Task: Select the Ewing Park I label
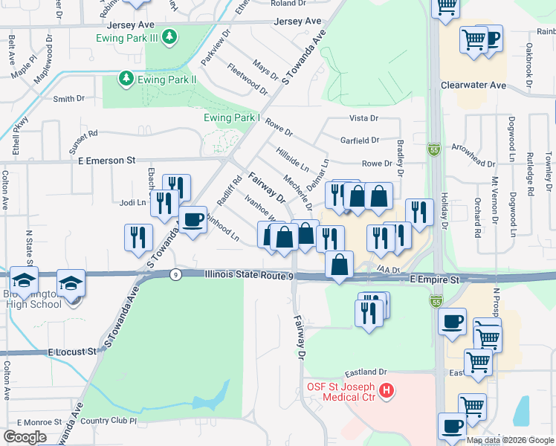(231, 117)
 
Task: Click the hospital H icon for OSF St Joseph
(386, 390)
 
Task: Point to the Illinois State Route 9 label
(249, 276)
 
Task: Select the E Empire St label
(433, 279)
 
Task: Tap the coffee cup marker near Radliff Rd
(193, 220)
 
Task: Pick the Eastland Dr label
(366, 371)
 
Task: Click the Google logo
(25, 436)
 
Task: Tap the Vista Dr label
(364, 118)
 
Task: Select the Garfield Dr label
(360, 140)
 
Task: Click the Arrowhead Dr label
(473, 163)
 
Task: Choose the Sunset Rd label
(83, 134)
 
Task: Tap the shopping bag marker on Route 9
(340, 265)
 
